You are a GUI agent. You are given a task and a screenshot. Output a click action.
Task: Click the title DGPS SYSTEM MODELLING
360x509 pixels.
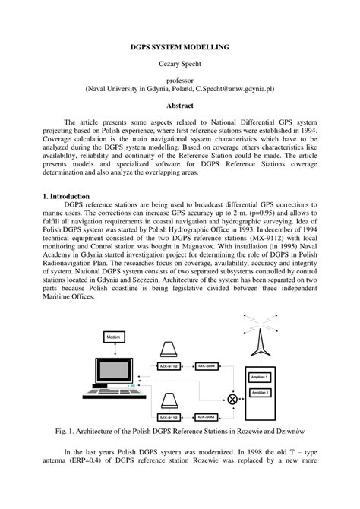pyautogui.click(x=180, y=47)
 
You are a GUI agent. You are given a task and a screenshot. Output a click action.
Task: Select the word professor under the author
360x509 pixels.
pyautogui.click(x=180, y=80)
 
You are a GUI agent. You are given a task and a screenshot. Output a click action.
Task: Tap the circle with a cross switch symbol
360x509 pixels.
pyautogui.click(x=232, y=398)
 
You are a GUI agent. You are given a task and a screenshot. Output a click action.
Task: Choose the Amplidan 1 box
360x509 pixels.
pyautogui.click(x=261, y=376)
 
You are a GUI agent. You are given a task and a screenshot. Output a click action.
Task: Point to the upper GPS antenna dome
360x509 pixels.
pyautogui.click(x=169, y=348)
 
